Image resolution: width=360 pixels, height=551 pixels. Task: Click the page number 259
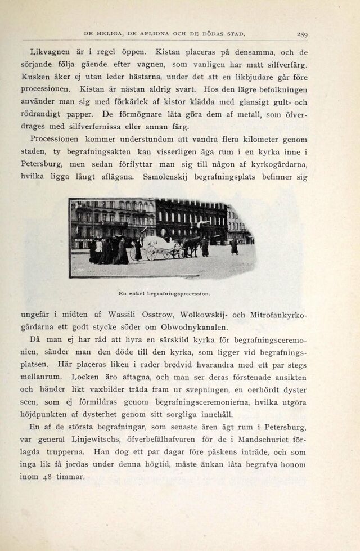[x=302, y=34]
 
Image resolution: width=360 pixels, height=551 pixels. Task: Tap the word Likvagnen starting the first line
[x=49, y=52]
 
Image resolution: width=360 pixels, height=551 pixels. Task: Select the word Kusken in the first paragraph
[x=35, y=77]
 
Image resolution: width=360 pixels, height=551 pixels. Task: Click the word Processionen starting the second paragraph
[x=56, y=139]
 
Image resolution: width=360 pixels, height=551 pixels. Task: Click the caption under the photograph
[x=165, y=293]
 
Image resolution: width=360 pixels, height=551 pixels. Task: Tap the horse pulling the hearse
[x=191, y=245]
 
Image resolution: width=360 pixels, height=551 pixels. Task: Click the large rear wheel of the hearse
[x=151, y=253]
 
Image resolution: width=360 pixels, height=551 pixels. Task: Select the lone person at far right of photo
[x=234, y=247]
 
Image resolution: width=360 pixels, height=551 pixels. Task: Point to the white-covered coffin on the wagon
[x=159, y=243]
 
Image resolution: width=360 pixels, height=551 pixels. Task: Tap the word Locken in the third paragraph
[x=84, y=377]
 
